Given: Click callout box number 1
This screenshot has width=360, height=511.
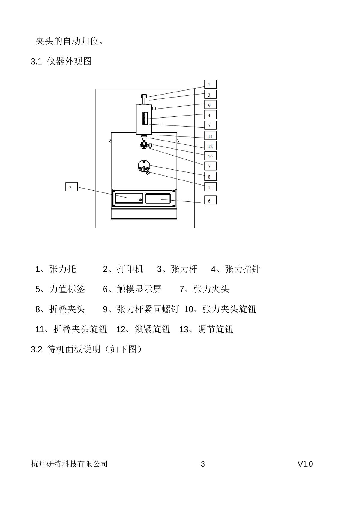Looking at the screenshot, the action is click(x=210, y=84).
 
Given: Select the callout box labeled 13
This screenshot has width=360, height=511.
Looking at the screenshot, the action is click(x=210, y=135).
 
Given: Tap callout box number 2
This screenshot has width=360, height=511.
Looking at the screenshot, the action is click(x=71, y=187).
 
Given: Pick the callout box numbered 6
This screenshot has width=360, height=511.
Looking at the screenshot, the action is click(x=210, y=200).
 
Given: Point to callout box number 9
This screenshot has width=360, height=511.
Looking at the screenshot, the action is click(x=210, y=105).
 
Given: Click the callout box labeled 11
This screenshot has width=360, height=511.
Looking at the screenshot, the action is click(x=210, y=187).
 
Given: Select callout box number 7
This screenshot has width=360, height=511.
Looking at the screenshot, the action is click(x=210, y=166).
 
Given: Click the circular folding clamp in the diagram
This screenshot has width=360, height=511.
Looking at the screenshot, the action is click(x=144, y=166).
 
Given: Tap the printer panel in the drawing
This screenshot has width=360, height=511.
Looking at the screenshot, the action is click(x=129, y=198).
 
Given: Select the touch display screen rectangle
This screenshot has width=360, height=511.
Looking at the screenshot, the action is click(x=158, y=198).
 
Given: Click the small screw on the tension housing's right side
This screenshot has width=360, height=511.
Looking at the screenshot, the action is click(x=154, y=108).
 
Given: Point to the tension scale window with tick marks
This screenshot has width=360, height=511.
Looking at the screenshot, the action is click(x=145, y=118).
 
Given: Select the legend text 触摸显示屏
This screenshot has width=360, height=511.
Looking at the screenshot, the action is click(x=139, y=289).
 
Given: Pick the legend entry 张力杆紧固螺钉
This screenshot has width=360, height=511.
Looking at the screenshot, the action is click(x=148, y=309).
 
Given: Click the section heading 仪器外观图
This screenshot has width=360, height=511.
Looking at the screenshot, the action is click(x=69, y=61).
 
